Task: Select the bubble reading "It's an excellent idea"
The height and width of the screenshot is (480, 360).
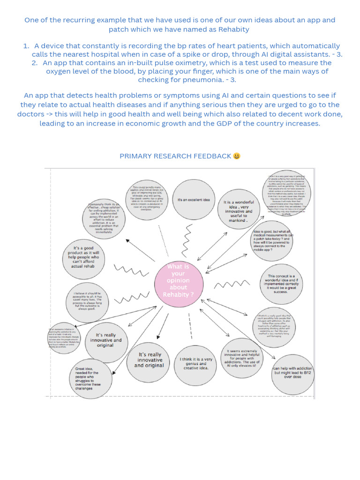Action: pyautogui.click(x=194, y=200)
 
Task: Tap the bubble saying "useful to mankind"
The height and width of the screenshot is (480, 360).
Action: pyautogui.click(x=238, y=210)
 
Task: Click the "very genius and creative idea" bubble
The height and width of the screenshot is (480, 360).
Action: pyautogui.click(x=196, y=363)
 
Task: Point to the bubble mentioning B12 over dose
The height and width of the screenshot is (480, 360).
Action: pyautogui.click(x=293, y=373)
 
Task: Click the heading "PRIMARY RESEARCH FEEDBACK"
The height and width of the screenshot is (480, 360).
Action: pyautogui.click(x=175, y=156)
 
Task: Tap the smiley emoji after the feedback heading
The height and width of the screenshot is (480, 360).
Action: pyautogui.click(x=237, y=156)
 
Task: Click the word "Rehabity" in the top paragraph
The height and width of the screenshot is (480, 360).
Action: pyautogui.click(x=233, y=29)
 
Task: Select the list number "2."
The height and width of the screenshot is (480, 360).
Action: pyautogui.click(x=35, y=63)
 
